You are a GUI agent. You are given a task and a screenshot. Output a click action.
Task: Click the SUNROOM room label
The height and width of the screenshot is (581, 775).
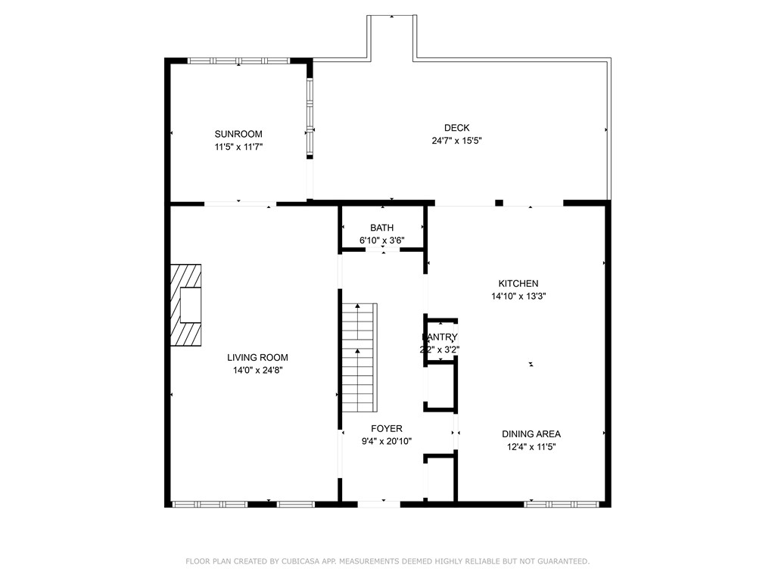tap(238, 134)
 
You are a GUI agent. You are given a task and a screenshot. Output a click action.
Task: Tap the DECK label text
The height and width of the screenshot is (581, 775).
tap(456, 128)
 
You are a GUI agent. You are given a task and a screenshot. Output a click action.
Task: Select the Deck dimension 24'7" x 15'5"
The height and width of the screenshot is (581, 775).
tap(456, 141)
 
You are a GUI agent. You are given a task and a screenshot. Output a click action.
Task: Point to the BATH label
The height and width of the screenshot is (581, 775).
tap(381, 228)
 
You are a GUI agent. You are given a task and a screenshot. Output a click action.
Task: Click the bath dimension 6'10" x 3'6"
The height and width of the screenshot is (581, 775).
tap(381, 241)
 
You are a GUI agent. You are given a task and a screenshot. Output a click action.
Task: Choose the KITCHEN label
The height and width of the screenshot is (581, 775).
tap(518, 284)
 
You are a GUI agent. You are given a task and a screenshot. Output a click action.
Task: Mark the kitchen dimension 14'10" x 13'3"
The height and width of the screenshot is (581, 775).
tap(518, 297)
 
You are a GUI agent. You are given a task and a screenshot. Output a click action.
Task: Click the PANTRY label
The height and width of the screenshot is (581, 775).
tap(440, 337)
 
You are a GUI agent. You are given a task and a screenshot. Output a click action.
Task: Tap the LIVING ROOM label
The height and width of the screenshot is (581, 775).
tap(257, 358)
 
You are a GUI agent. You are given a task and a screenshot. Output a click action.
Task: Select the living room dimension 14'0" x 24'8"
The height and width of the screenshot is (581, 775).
tap(257, 371)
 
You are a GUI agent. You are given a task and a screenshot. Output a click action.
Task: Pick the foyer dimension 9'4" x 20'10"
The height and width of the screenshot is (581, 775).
tap(386, 441)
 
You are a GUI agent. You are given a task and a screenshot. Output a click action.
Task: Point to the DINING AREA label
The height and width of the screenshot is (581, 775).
tap(531, 433)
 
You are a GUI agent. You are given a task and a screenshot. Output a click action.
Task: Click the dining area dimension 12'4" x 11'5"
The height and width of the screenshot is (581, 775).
tap(531, 446)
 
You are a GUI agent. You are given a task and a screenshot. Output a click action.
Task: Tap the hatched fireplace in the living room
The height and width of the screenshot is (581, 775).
tap(185, 305)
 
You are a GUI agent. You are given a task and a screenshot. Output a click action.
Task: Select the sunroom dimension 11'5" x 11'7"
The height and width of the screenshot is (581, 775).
tap(238, 147)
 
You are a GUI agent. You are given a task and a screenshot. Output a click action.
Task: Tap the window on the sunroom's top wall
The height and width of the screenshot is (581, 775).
tap(238, 61)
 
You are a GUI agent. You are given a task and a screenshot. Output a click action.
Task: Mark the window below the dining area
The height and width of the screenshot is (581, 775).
tap(562, 503)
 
